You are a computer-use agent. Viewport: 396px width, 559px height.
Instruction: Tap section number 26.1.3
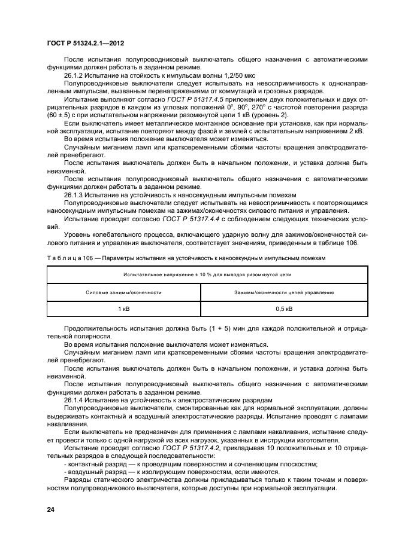(x=74, y=195)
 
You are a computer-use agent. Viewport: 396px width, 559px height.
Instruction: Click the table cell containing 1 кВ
(x=123, y=308)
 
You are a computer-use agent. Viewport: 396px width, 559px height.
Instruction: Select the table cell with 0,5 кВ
(x=284, y=308)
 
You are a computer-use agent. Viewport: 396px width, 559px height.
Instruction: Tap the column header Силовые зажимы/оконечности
(x=123, y=292)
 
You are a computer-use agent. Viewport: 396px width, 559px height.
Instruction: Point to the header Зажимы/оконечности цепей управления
(x=284, y=292)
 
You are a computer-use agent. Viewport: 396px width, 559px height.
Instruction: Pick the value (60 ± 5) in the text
(x=60, y=114)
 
